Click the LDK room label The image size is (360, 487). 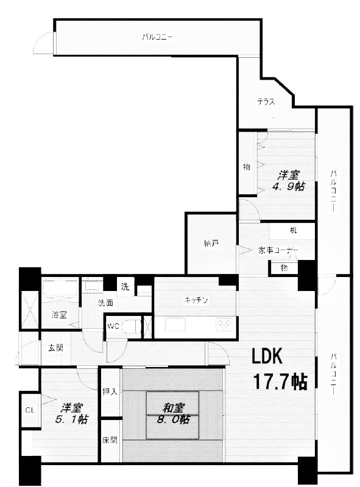pos(267,356)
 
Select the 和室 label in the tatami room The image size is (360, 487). pos(174,408)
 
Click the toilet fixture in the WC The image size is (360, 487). pos(131,326)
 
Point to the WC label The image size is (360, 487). pos(113,326)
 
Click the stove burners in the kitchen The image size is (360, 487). pos(224,324)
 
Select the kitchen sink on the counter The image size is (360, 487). pos(175,324)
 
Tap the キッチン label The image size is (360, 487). pos(196,300)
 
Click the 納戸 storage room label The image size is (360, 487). pos(211,243)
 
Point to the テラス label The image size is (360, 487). pos(266,102)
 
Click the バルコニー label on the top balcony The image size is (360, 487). pos(157,37)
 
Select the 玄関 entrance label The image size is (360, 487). pos(55,348)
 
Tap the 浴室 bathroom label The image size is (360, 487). pos(58,315)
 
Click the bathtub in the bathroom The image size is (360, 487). pos(60,289)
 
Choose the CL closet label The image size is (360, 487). pos(29,410)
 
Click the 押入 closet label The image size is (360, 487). pos(110,392)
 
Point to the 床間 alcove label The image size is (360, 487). pos(110,440)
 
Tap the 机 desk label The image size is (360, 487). pos(293,230)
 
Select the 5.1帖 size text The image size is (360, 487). pos(71,419)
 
